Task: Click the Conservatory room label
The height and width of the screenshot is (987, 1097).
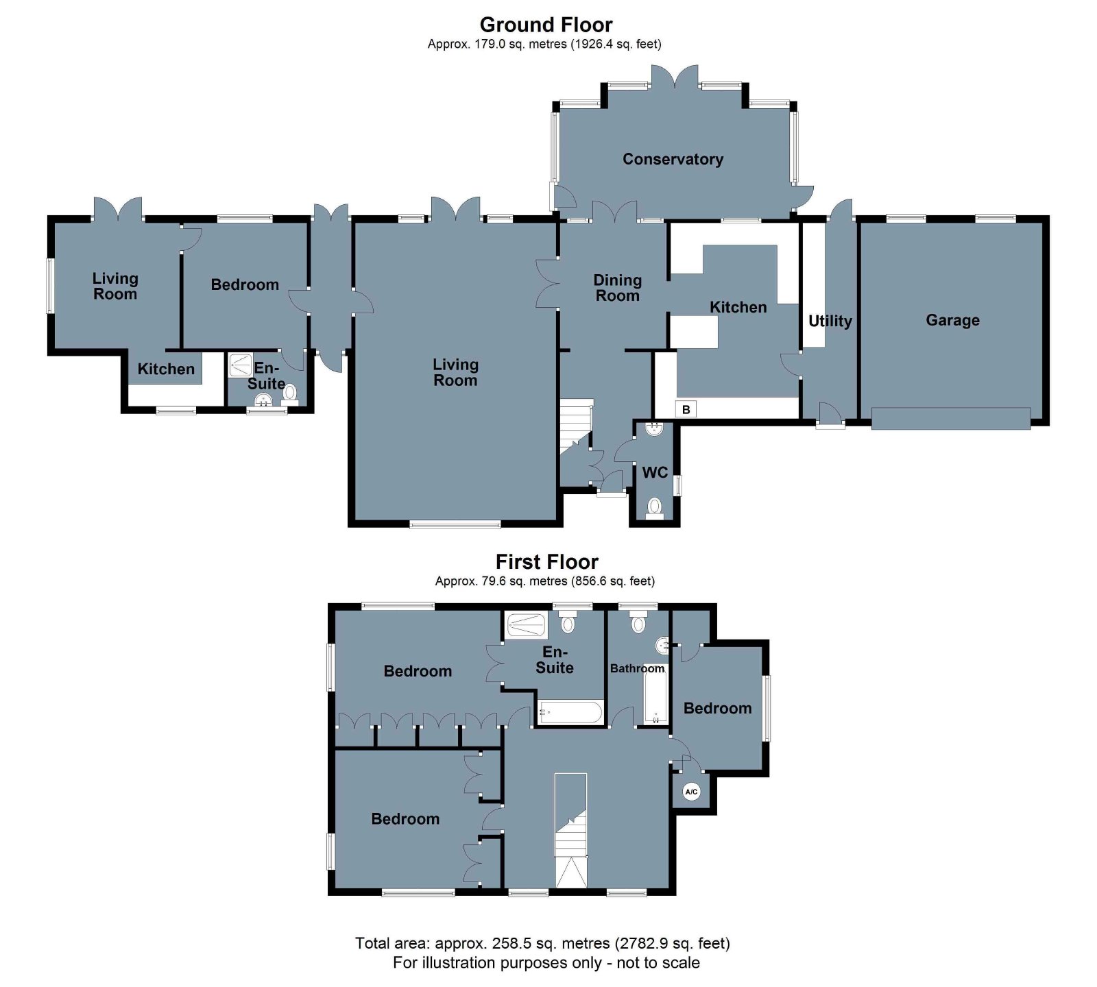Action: point(673,159)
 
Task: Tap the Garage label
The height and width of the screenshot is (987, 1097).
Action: point(952,320)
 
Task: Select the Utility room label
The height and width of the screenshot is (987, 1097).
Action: point(830,321)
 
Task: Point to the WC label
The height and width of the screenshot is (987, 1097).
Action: point(655,472)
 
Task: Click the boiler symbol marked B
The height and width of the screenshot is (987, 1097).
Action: point(686,409)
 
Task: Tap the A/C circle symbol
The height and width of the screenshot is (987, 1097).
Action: point(691,792)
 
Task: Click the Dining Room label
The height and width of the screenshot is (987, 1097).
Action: point(617,288)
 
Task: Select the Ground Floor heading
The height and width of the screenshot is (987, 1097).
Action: point(546,25)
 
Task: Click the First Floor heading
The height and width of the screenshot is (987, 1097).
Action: point(546,562)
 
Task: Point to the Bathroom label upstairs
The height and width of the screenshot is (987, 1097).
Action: point(638,668)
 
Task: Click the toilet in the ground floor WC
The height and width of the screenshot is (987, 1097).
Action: point(655,508)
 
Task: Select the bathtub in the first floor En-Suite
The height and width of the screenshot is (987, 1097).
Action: point(570,713)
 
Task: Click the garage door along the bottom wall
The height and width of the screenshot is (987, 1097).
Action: point(951,418)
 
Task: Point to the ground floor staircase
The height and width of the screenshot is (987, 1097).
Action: point(576,426)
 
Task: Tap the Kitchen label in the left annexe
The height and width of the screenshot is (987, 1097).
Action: point(166,369)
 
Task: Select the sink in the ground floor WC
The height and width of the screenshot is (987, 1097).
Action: point(655,429)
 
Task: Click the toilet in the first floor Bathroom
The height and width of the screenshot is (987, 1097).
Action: point(639,622)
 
